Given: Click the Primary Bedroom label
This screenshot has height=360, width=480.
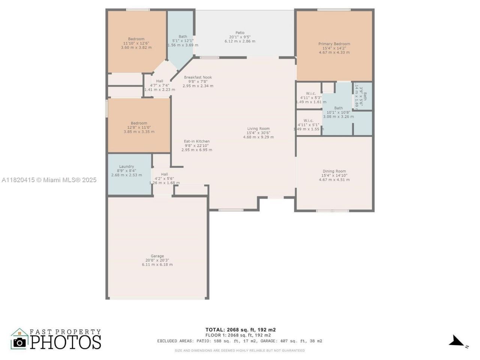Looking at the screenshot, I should (x=334, y=48).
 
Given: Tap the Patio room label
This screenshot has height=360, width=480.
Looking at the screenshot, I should (x=240, y=37).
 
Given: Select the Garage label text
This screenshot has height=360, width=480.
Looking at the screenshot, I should (x=157, y=260).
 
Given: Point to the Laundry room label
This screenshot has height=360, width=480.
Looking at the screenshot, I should (x=126, y=171).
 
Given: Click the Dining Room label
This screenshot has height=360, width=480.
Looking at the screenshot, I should (x=334, y=175).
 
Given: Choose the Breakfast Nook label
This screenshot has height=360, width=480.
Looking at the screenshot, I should (x=198, y=81).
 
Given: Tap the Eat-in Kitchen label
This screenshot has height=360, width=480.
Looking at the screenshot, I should (x=196, y=145).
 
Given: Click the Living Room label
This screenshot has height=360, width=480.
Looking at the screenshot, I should (x=258, y=133).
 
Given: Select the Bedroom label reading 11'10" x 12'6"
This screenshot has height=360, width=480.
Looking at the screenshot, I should (x=136, y=43).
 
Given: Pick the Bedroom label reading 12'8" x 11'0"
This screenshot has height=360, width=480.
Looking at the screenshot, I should (x=139, y=127).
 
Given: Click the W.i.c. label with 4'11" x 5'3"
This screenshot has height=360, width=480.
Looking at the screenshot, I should (x=311, y=97).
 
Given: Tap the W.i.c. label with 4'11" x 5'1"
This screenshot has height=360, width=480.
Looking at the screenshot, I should (x=308, y=124).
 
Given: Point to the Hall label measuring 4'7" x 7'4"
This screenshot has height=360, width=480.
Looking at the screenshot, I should (x=160, y=85).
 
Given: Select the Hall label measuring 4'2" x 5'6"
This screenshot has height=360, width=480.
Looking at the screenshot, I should (x=164, y=178).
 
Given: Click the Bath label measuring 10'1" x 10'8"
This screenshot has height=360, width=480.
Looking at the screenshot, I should (x=338, y=112).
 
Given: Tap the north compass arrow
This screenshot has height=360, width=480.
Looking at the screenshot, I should (x=457, y=341).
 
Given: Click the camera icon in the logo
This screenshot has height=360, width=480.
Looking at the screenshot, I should (x=19, y=342).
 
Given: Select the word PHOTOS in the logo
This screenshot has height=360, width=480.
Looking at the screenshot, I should (x=66, y=342).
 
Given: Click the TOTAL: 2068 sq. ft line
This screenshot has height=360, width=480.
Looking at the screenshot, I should (x=240, y=330).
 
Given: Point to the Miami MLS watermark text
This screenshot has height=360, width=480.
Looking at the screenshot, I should (x=49, y=180).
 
